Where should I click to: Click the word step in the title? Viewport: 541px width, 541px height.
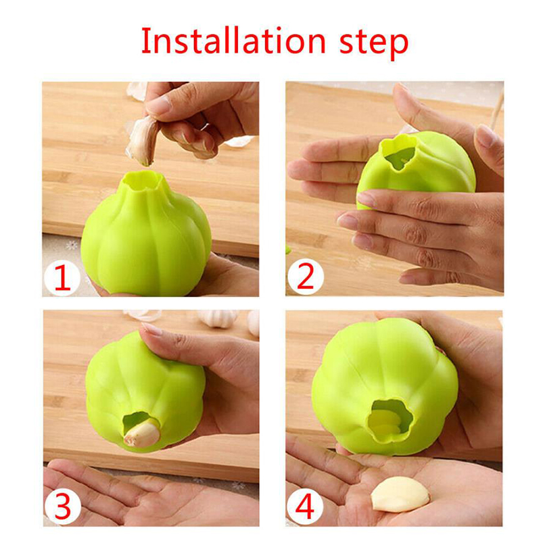[374, 44]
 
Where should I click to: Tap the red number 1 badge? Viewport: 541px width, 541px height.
[62, 277]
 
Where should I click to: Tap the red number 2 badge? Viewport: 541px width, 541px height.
[306, 276]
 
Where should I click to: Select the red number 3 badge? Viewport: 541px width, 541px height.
[62, 507]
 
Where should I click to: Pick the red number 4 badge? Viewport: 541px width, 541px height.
[305, 507]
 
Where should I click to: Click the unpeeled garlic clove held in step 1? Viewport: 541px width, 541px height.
[142, 141]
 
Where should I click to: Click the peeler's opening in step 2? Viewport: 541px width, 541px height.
[400, 156]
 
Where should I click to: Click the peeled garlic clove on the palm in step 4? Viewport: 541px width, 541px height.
[400, 494]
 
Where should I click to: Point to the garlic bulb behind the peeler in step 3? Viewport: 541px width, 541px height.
[218, 318]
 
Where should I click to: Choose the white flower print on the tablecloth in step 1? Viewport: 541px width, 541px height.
[72, 245]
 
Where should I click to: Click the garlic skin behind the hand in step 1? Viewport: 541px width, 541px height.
[137, 91]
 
